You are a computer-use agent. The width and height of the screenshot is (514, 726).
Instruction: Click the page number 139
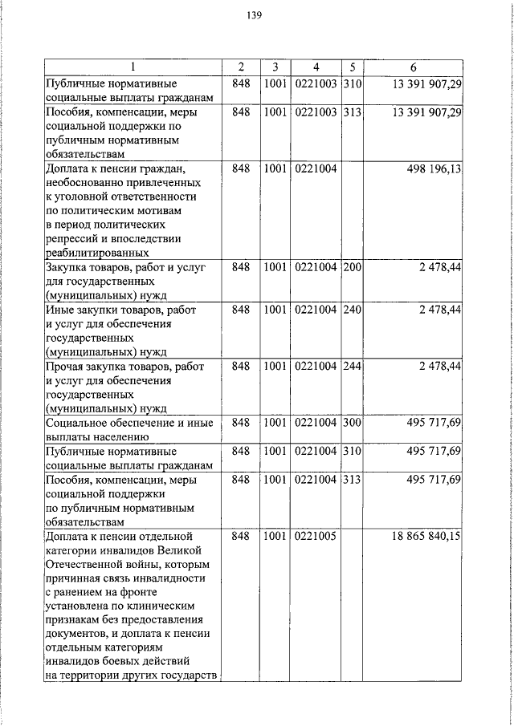click(x=255, y=15)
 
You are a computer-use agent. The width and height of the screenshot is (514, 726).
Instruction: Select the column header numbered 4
click(x=316, y=67)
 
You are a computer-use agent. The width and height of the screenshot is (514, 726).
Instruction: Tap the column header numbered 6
click(x=413, y=67)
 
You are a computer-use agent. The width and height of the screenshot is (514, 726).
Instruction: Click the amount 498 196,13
click(x=431, y=168)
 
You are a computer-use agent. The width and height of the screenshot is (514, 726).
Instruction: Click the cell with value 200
click(x=352, y=266)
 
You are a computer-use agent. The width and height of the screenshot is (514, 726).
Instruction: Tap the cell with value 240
click(x=352, y=310)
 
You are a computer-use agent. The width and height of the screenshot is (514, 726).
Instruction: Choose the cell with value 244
click(x=352, y=366)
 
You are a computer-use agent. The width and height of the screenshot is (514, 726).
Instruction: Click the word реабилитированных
click(x=92, y=252)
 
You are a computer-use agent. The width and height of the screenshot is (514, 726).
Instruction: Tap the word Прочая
click(x=66, y=366)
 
